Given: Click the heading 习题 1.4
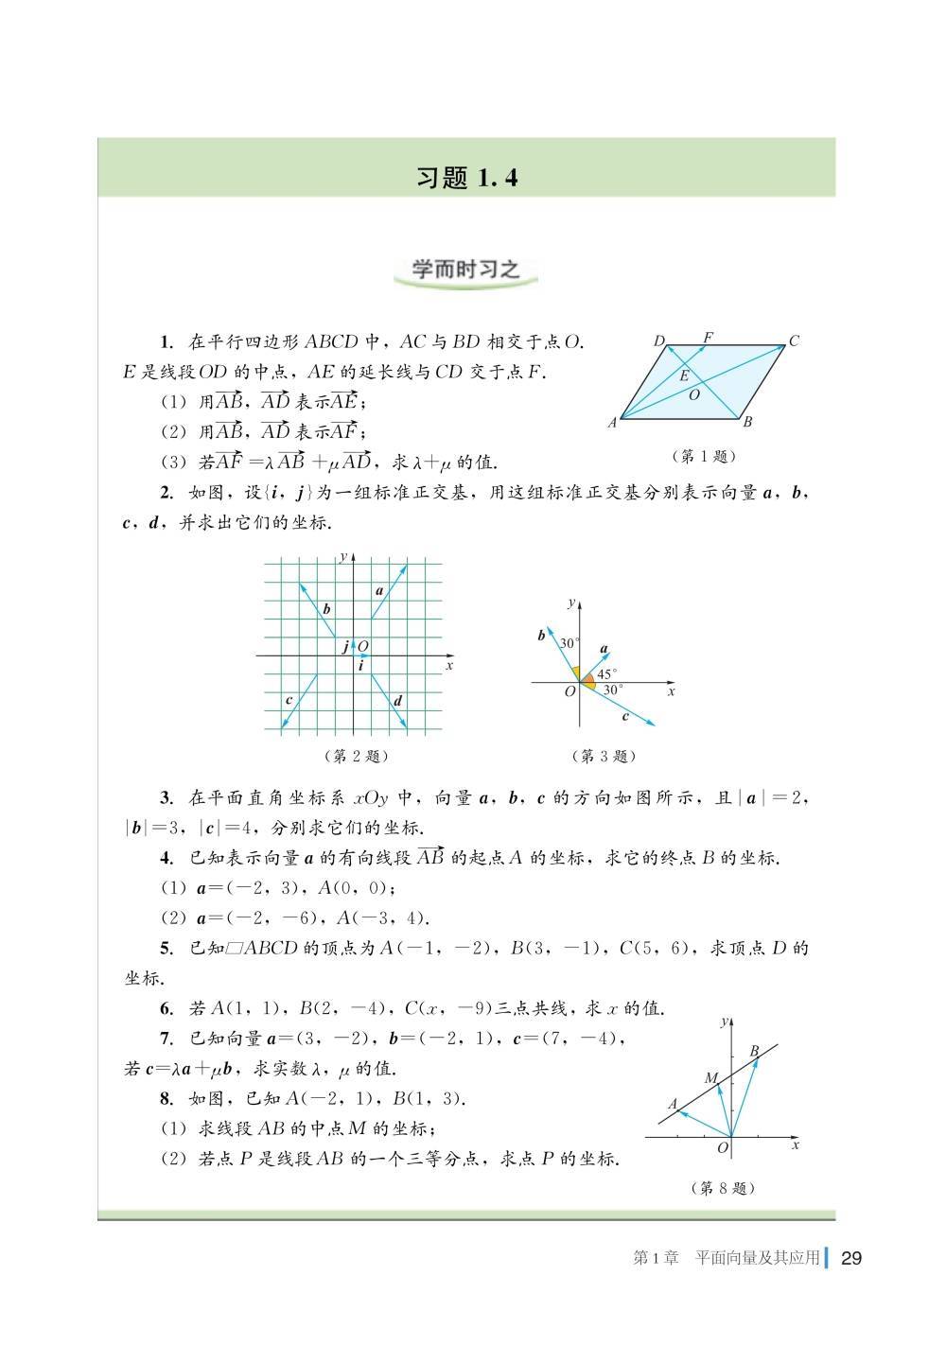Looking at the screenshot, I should point(466,178).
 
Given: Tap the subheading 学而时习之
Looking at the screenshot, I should point(465,270).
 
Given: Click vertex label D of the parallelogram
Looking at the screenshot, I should point(658,341).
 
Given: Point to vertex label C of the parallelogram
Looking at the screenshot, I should point(795,341).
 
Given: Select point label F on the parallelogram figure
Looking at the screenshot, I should point(708,336).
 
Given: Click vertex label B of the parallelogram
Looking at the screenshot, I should point(747,423).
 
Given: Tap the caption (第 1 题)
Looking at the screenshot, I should point(703,457).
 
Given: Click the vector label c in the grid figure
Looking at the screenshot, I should point(289,700).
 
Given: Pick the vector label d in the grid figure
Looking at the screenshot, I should point(398,701).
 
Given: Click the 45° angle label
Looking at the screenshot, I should point(606,674).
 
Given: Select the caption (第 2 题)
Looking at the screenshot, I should point(356,756).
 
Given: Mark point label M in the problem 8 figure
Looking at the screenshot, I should point(711,1078).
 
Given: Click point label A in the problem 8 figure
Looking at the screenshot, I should point(673,1104).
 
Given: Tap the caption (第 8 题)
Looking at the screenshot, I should point(724,1188).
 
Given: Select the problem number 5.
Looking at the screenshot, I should point(166,949).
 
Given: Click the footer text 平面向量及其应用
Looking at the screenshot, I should point(757,1258).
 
